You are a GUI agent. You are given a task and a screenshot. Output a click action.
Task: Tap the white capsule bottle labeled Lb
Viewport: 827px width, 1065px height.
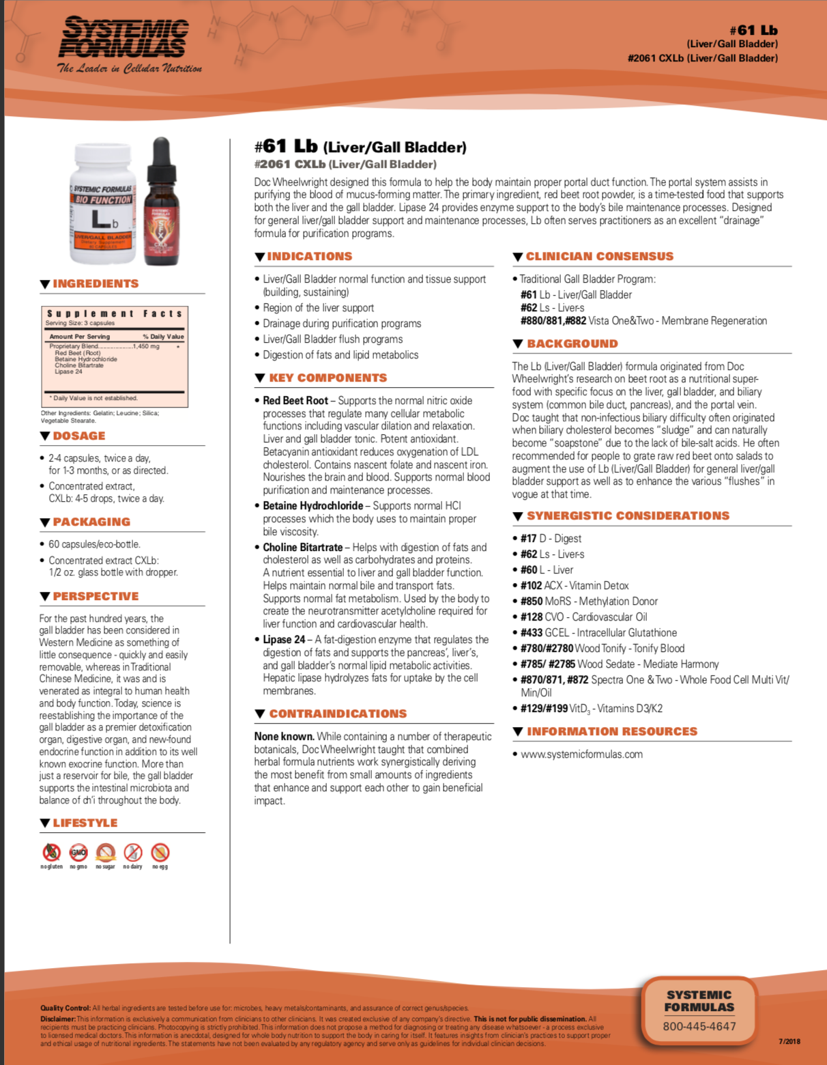pos(102,203)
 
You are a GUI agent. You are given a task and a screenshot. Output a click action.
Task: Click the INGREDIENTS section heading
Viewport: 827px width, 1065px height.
pos(96,284)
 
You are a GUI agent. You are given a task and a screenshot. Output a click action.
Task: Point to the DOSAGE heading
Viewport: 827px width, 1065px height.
pos(79,436)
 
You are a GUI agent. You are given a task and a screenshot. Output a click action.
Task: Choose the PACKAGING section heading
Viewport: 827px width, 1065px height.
pos(91,522)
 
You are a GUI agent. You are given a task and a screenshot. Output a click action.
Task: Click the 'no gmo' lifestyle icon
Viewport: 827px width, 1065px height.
pos(78,853)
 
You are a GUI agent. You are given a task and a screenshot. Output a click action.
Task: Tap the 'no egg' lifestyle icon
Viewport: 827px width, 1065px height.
pos(160,853)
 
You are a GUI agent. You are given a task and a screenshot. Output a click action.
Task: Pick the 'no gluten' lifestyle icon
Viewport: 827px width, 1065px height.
pos(51,853)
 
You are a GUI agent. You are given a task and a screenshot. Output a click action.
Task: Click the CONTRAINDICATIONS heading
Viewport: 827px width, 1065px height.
pos(338,714)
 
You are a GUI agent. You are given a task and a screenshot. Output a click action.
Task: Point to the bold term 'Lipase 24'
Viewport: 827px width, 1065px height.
pos(284,640)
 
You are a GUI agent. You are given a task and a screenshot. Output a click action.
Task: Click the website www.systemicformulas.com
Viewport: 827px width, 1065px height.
pos(581,754)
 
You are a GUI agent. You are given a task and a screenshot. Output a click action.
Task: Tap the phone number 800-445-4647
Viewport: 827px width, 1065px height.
pos(699,1026)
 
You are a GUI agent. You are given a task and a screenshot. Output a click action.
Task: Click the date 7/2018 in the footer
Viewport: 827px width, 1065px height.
pos(789,1042)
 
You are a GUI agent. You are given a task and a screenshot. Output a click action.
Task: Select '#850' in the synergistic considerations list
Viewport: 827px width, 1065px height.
pos(532,601)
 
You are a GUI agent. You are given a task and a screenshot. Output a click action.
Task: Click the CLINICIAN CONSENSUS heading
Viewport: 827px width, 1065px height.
pos(599,257)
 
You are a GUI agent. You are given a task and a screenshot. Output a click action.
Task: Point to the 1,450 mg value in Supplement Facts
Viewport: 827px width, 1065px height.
pos(146,347)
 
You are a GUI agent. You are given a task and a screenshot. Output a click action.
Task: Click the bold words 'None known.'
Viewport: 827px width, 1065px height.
pos(284,737)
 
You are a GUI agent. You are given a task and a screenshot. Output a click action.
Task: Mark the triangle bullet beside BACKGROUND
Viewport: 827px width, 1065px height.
pos(518,344)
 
